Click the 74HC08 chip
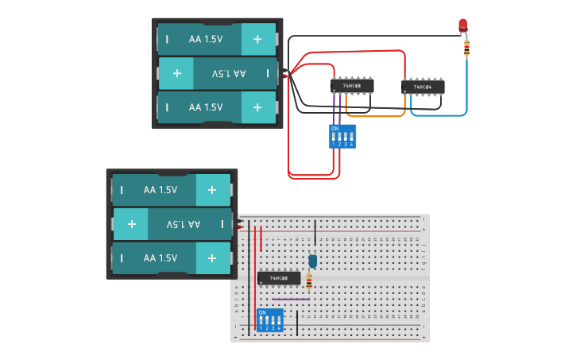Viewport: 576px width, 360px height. point(352,86)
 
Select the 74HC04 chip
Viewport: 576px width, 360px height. point(423,87)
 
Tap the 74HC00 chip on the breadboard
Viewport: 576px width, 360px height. point(279,278)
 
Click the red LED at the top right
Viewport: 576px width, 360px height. point(463,25)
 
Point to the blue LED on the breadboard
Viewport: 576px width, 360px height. point(312,261)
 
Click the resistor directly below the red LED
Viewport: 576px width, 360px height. point(466,48)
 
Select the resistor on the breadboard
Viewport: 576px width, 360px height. point(309,280)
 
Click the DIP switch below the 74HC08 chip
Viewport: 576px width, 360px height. point(342,136)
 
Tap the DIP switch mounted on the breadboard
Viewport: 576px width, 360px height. point(270,320)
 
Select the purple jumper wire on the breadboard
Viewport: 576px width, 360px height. point(291,299)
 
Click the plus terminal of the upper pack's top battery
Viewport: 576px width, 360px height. point(257,39)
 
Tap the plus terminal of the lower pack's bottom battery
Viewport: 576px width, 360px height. point(212,258)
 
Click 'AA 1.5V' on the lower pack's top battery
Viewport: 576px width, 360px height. point(160,190)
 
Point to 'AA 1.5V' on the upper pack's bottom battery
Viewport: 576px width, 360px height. point(205,107)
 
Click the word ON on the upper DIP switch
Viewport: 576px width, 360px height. point(334,128)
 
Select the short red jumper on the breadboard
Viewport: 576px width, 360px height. point(261,238)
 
